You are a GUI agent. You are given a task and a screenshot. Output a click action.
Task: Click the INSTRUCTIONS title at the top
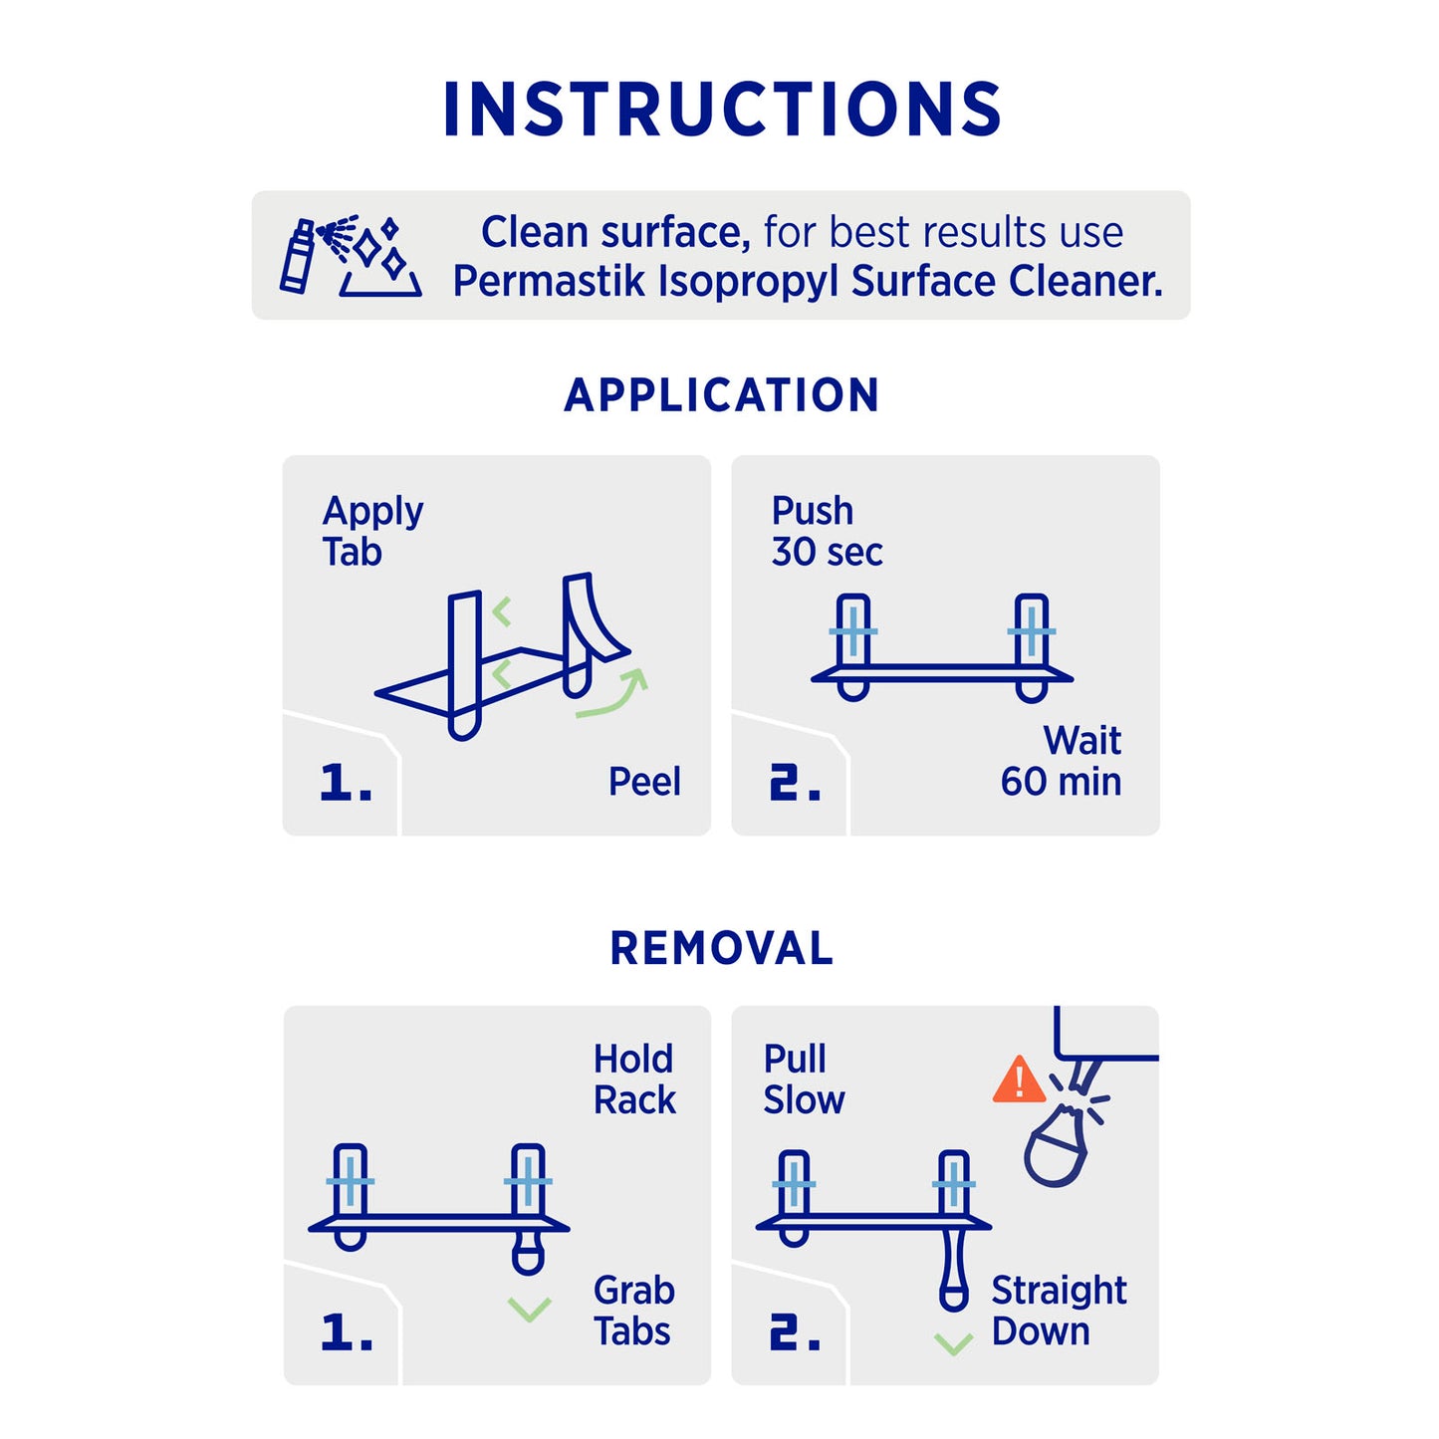point(721,109)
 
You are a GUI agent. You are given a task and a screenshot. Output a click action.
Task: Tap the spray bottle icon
point(297,256)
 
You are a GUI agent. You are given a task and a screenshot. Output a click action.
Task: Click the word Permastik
point(549,282)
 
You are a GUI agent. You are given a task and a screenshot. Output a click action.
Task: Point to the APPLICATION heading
point(721,395)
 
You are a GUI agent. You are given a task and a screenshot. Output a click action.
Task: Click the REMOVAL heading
point(721,948)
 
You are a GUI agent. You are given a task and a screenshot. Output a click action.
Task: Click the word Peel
point(643,783)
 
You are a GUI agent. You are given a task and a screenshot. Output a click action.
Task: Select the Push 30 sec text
point(827,532)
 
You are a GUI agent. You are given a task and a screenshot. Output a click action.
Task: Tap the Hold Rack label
point(634,1079)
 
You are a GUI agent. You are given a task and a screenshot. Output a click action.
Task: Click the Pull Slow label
point(803,1079)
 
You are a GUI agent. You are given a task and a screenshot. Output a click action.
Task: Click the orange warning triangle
point(1019,1080)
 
